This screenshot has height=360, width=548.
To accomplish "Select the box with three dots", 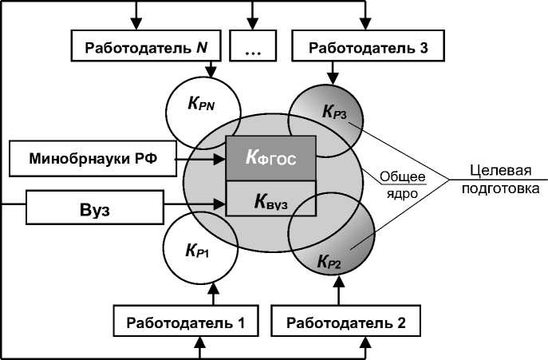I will pyautogui.click(x=252, y=47).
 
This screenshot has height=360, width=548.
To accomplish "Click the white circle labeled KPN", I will pyautogui.click(x=202, y=105).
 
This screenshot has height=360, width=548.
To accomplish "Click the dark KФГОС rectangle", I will pyautogui.click(x=271, y=157).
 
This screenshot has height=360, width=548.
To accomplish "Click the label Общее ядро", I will pyautogui.click(x=401, y=184).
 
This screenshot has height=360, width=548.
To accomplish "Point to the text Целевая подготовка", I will pyautogui.click(x=503, y=180).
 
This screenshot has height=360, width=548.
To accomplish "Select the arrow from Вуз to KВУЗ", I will pyautogui.click(x=196, y=206).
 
